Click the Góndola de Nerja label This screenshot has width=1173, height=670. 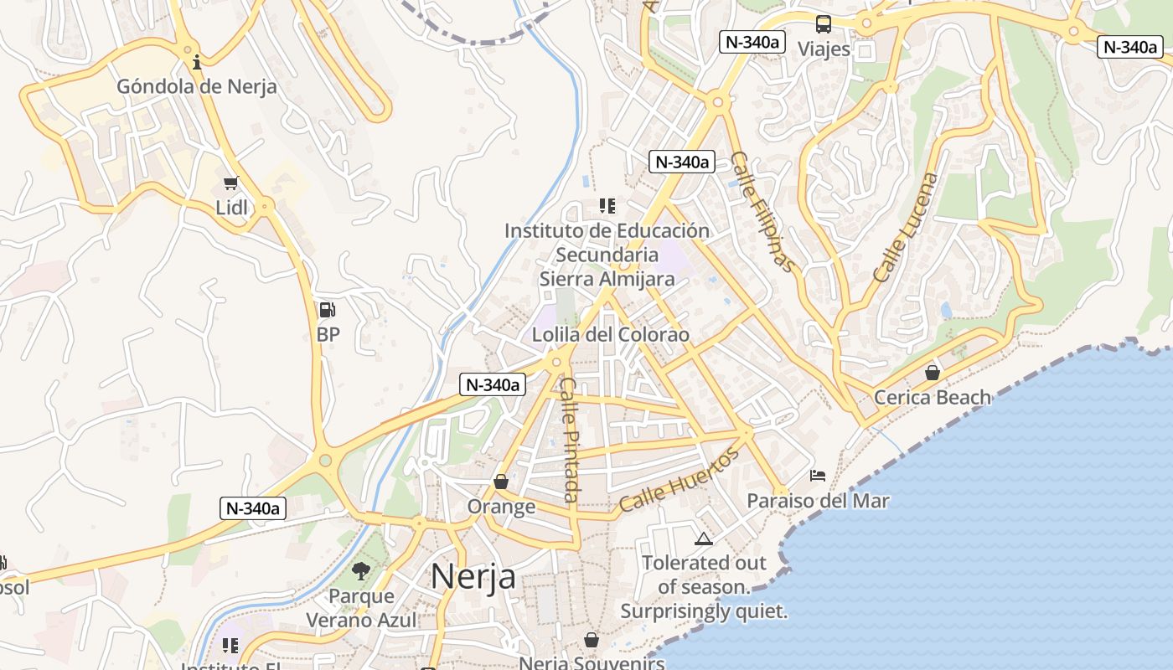tap(196, 86)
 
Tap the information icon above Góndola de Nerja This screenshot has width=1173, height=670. tap(197, 61)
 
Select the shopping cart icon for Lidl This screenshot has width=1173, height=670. tap(231, 183)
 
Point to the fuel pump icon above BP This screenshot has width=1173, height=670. tap(328, 310)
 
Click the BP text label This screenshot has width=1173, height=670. tap(328, 334)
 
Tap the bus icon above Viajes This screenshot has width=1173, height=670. tap(824, 24)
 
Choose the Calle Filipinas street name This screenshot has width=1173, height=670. tap(762, 211)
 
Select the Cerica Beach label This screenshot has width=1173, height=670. tap(932, 397)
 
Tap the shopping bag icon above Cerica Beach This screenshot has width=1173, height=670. tap(932, 373)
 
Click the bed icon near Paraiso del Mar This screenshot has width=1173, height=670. tap(818, 476)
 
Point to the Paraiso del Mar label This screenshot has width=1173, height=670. tap(818, 501)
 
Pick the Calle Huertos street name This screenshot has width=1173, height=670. tap(680, 480)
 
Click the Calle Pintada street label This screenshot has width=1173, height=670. tap(570, 440)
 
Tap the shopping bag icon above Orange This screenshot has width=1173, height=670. tap(501, 482)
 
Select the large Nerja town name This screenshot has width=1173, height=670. tap(473, 577)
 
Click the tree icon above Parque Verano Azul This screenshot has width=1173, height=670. tap(361, 571)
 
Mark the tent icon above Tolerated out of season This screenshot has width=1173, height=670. tap(703, 539)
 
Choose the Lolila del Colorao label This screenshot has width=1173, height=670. tap(611, 335)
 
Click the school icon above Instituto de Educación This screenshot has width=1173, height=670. tap(607, 205)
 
